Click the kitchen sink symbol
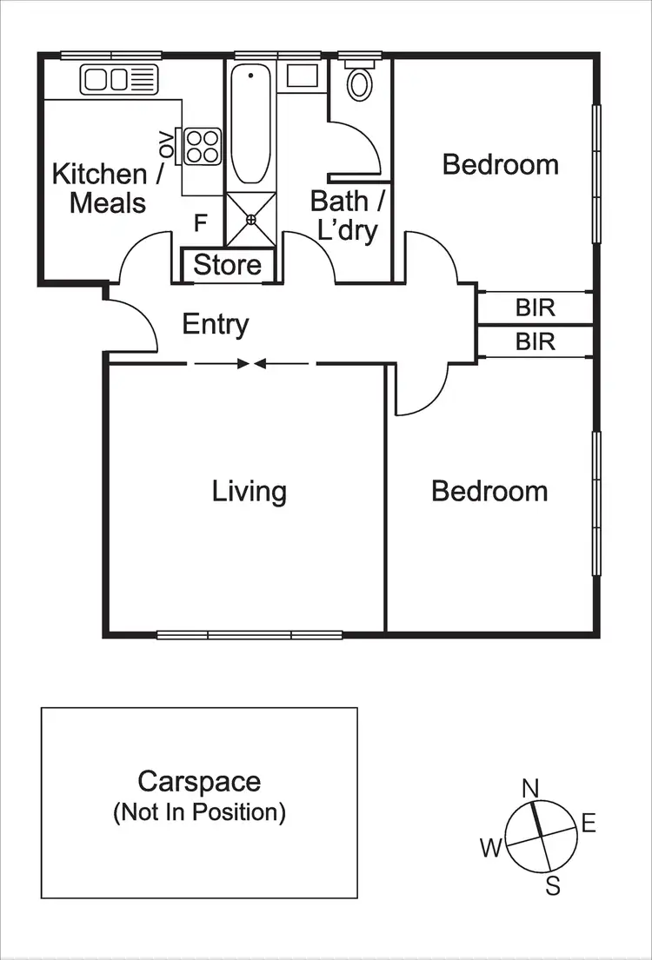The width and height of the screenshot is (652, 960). (120, 80)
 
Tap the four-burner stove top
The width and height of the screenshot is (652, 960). (203, 145)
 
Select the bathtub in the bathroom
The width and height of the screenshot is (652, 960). (251, 127)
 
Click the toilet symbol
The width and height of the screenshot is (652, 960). (358, 82)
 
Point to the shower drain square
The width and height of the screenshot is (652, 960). (251, 220)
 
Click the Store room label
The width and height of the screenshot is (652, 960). (227, 265)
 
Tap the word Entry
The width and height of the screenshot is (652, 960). (215, 325)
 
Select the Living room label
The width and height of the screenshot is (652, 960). (249, 491)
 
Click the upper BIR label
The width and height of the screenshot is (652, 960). (535, 308)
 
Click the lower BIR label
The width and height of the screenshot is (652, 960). (535, 341)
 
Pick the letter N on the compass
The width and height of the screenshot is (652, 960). (530, 788)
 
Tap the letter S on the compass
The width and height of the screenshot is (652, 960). (552, 885)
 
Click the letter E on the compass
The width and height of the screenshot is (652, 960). (589, 824)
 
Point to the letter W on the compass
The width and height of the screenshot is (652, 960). (491, 848)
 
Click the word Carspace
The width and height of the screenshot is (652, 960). (199, 781)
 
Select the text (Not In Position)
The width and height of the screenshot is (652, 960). (199, 812)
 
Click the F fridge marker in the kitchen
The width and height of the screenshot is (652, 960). (200, 223)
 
